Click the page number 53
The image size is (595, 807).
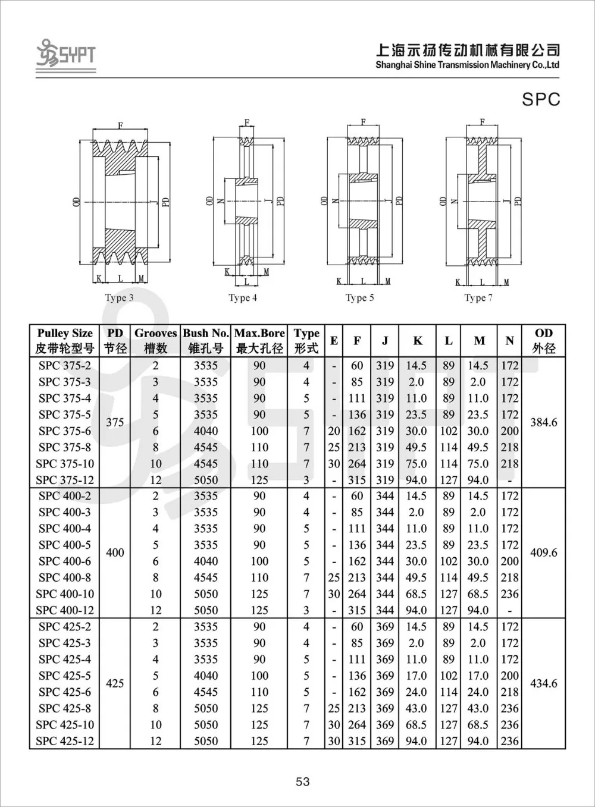tap(302, 781)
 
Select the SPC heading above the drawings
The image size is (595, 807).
tap(541, 99)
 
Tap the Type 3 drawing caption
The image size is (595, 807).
tap(119, 297)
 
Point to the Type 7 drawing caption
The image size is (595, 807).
tap(478, 297)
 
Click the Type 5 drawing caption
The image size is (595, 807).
tap(359, 297)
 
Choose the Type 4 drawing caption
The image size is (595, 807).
tap(243, 297)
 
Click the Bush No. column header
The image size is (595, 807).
tap(206, 341)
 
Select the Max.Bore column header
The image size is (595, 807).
tap(259, 341)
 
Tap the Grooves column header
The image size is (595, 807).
tap(155, 341)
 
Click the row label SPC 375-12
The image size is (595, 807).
tap(65, 480)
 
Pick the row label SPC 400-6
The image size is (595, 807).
tap(65, 561)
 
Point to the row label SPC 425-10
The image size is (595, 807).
tap(65, 724)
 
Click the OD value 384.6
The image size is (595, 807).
tap(543, 422)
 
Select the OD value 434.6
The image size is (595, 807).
tap(543, 683)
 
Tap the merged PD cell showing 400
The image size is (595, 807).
tap(115, 552)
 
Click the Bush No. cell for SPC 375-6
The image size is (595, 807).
tap(206, 431)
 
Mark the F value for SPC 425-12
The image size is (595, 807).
tap(357, 741)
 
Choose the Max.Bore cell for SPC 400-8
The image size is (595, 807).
tap(259, 577)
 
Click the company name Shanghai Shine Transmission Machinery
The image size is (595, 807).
tap(467, 64)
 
